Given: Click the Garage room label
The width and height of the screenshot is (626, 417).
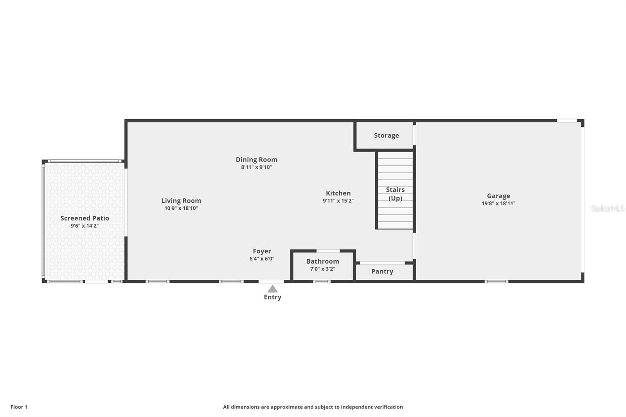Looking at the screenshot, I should (x=498, y=196).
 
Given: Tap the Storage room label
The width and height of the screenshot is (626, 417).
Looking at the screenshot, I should (x=386, y=135).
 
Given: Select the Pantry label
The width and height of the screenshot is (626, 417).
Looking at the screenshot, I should (x=382, y=271).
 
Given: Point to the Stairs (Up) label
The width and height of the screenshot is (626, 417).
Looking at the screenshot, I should (x=395, y=194).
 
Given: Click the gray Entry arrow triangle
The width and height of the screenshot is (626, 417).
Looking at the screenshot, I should (x=272, y=289).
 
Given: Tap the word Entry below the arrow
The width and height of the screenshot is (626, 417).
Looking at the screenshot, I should (x=272, y=297).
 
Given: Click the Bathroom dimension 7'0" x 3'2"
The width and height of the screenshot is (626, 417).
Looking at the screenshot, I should (x=322, y=269).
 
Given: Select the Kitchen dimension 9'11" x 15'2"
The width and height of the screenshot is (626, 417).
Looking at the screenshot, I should (x=338, y=201).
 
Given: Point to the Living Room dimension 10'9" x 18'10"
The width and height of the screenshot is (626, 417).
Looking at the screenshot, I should (x=181, y=208).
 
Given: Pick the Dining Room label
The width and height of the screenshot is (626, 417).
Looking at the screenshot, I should (x=256, y=160).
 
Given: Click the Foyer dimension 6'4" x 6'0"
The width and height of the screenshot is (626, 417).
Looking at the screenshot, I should (x=262, y=259).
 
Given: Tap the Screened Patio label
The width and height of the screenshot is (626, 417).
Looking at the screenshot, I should (x=85, y=218).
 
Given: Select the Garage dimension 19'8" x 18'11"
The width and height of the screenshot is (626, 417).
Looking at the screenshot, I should (x=498, y=203).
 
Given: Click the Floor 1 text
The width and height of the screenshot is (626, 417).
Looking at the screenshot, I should (x=19, y=407).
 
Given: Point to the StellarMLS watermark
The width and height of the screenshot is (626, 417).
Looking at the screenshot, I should (x=607, y=208).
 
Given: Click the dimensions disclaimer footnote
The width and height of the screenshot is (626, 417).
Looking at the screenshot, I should (x=313, y=407).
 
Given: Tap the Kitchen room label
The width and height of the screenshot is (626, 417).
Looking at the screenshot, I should (x=338, y=193).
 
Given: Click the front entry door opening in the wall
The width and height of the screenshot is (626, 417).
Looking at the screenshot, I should (x=271, y=281).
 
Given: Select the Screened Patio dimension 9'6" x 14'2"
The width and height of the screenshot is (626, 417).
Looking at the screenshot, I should (x=85, y=226).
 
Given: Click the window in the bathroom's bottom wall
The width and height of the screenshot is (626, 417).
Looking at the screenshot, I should (x=322, y=281).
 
